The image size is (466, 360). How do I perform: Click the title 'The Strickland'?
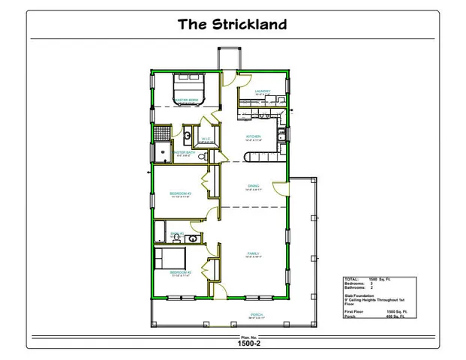[232, 24]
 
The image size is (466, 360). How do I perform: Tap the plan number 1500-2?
[248, 344]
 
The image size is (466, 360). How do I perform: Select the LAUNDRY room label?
[262, 91]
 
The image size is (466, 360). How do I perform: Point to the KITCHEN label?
[252, 136]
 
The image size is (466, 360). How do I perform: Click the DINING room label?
[254, 186]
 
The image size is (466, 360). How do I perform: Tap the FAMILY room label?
[253, 254]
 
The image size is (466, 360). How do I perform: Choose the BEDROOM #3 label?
[180, 193]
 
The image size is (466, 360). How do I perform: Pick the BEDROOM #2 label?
[180, 271]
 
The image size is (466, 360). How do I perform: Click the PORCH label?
[256, 314]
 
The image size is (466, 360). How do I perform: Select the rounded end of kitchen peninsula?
[249, 156]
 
